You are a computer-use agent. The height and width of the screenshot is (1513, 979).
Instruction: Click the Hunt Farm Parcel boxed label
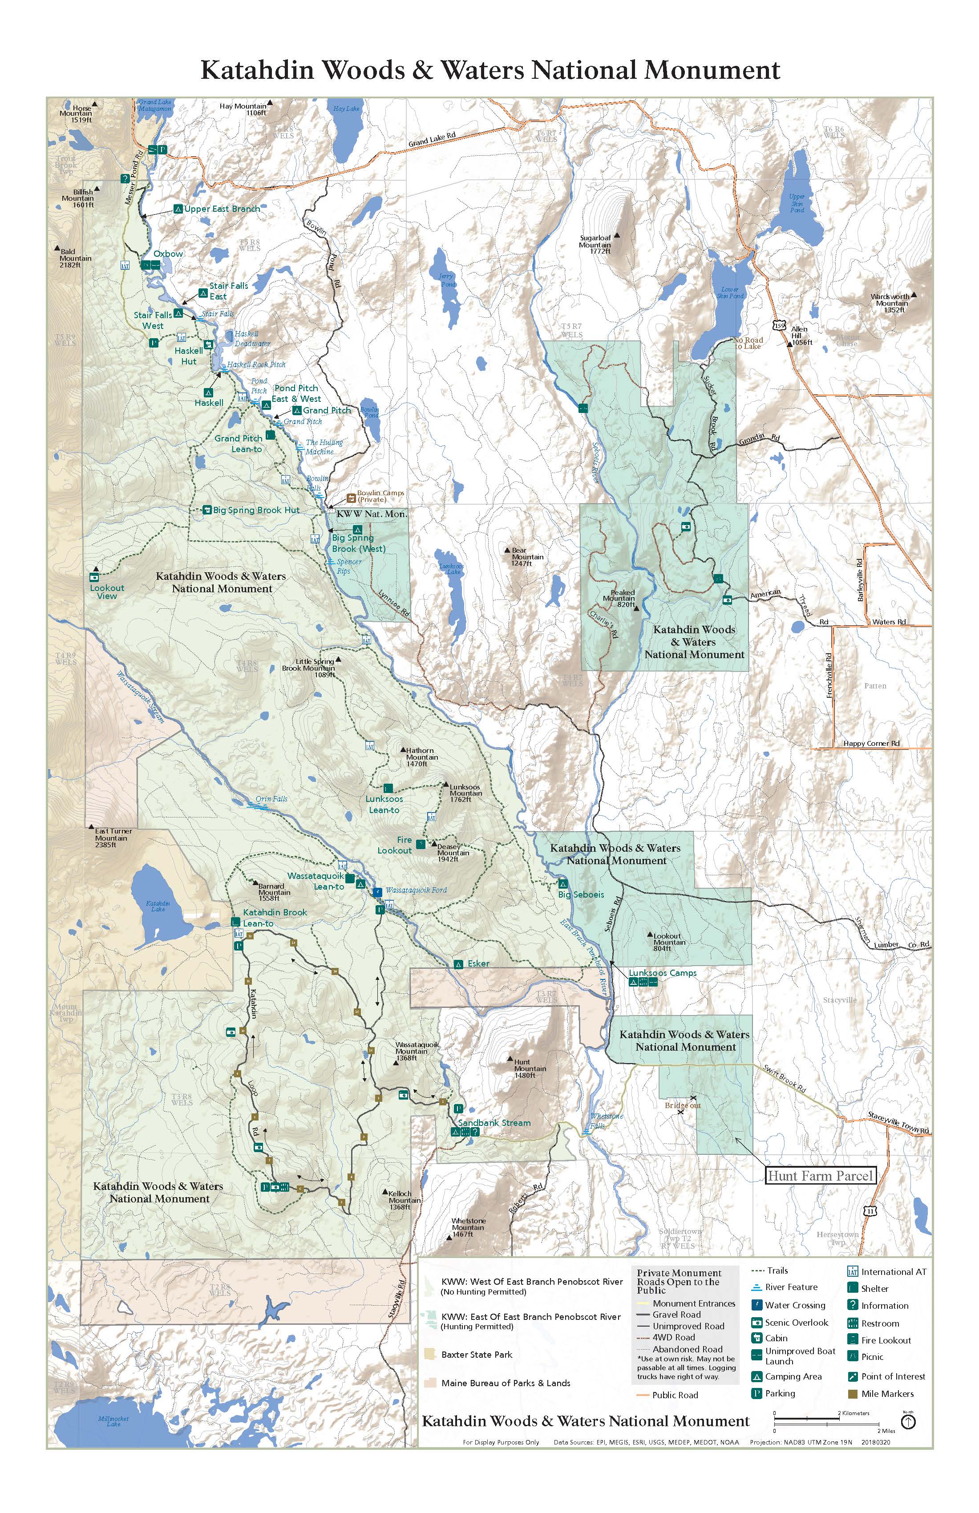[x=820, y=1175]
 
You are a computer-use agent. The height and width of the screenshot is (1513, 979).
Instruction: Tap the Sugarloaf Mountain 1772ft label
[x=595, y=245]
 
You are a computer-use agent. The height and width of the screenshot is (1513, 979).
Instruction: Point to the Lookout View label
[x=107, y=592]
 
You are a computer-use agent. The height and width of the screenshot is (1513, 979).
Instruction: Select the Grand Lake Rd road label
[x=432, y=139]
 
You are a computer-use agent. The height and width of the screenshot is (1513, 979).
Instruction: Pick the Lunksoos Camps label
[x=663, y=973]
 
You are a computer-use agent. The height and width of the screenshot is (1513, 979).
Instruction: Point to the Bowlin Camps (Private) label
[x=380, y=496]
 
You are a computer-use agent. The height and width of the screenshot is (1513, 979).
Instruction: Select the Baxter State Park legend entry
[x=476, y=1355]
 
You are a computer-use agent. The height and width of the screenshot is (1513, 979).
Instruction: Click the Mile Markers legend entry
[x=887, y=1393]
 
